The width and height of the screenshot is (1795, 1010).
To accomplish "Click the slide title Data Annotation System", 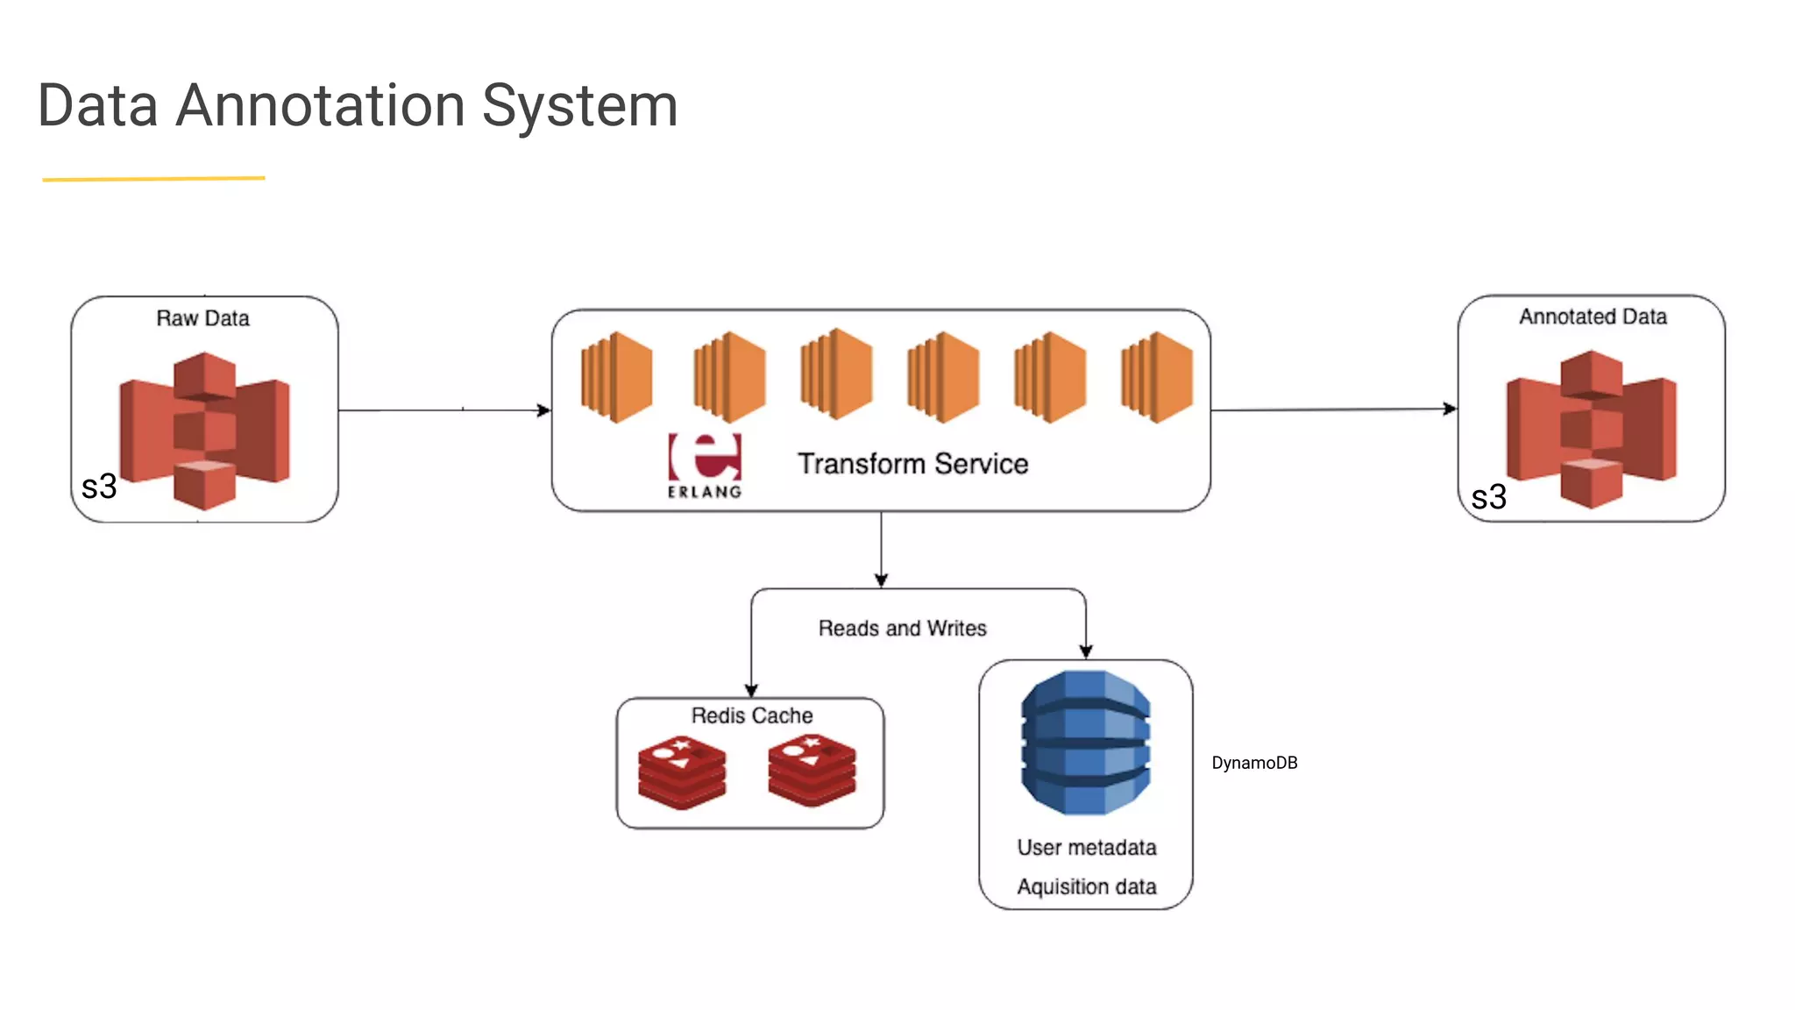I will pos(358,106).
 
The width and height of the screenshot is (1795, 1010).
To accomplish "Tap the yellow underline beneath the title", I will pos(153,179).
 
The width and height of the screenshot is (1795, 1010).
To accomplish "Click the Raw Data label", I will pos(202,318).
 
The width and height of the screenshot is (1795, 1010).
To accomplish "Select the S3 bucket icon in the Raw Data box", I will pos(205,430).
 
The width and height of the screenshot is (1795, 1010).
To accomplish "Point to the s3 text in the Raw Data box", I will pos(99,487).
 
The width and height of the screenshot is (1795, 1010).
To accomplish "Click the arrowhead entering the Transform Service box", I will pos(544,409).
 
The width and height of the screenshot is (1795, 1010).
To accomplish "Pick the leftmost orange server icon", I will pos(616,377).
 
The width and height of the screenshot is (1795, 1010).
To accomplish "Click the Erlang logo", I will pos(705,466).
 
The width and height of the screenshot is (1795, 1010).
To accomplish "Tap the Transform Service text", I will pos(912,464).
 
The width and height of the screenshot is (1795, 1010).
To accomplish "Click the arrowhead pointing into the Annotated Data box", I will pos(1450,409).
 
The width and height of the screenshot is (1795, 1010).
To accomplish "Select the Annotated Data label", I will pos(1593,317).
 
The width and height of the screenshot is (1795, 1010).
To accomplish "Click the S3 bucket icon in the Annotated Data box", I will pos(1592,429).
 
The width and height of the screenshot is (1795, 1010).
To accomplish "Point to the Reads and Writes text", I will pos(902,629).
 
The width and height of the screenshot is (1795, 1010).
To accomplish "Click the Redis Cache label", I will pos(751,715).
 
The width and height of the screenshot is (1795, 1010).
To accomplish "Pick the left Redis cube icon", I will pos(682,772).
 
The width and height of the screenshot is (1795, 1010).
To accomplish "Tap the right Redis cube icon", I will pos(812,771).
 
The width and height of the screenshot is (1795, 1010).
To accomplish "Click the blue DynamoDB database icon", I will pos(1086,743).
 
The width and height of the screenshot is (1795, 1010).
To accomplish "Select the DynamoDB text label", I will pos(1254,763).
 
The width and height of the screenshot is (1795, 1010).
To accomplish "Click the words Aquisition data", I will pos(1086,886).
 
